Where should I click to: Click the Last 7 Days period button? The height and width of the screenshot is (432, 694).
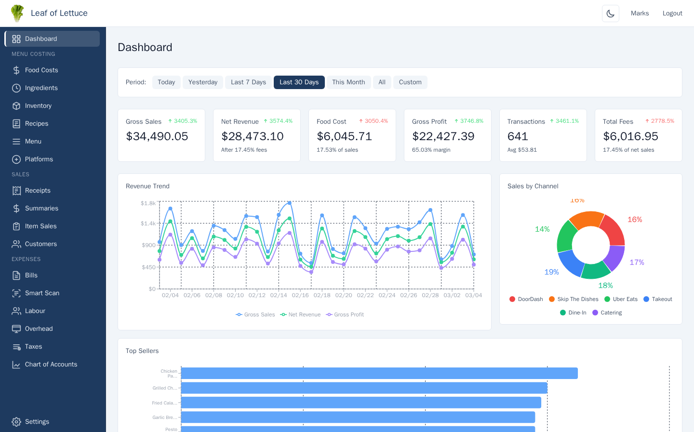coord(248,82)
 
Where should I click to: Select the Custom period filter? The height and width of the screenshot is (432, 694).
coord(410,82)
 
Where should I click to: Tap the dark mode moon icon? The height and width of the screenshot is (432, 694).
coord(610,13)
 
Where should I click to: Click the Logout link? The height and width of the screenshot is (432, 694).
coord(672,13)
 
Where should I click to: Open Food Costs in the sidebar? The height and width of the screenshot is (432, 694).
coord(41,70)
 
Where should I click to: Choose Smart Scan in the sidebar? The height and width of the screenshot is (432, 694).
coord(42,293)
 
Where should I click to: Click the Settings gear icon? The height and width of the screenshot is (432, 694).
coord(16,422)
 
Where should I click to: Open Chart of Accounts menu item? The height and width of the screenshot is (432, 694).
coord(51,365)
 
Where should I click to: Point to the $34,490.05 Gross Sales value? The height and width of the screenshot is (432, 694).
coord(157,137)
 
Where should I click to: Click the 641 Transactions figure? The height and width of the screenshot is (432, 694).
coord(518,137)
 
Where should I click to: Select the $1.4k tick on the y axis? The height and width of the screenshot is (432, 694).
coord(148,223)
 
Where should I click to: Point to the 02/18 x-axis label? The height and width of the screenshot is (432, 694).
coord(322,295)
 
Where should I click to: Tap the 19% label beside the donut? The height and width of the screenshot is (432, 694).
coord(551,272)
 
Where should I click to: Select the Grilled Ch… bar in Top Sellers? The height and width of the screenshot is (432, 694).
coord(364,388)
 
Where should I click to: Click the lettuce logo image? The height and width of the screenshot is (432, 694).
coord(17,13)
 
